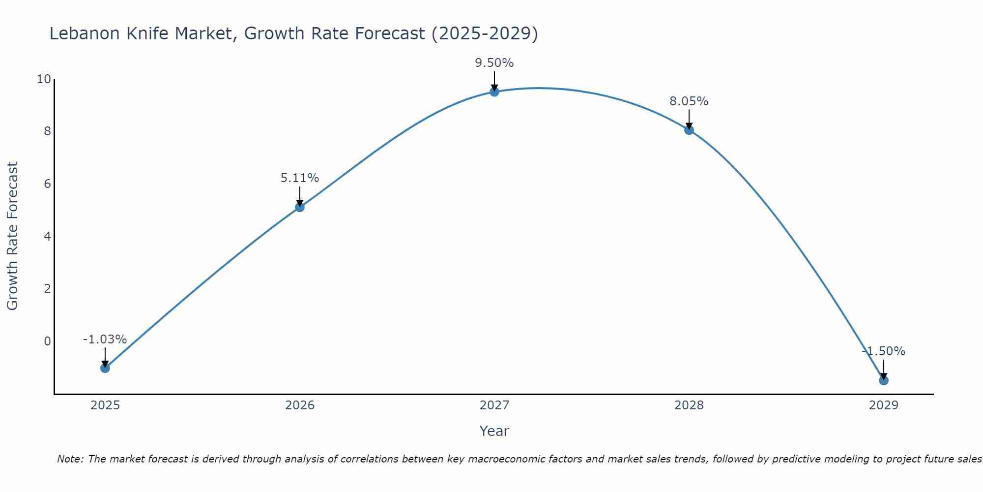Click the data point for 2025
coord(105,368)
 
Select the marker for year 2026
coord(300,207)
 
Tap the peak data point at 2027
coord(494,92)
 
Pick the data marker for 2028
coord(689,130)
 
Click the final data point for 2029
coord(884,380)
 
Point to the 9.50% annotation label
coord(494,63)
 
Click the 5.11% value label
coord(300,178)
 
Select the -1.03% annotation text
coord(105,339)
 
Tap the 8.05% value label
coord(689,101)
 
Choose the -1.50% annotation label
coord(883,351)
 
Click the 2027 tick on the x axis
coord(494,405)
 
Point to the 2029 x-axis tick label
coord(884,405)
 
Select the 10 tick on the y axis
coord(44,79)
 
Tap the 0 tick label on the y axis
coord(47,341)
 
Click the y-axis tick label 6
coord(47,184)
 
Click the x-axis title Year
coord(494,431)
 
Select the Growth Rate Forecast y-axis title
coord(12,236)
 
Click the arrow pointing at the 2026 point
coord(300,196)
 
